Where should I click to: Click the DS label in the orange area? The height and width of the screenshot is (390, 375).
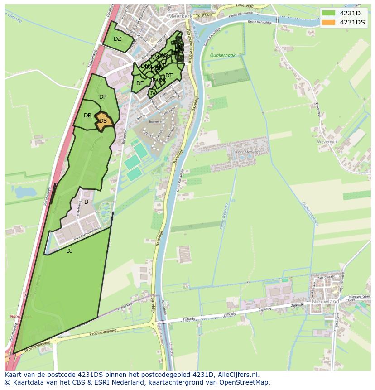click(x=103, y=121)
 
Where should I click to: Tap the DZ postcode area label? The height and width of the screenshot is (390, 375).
click(x=117, y=39)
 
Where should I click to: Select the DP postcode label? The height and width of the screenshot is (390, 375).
click(x=103, y=97)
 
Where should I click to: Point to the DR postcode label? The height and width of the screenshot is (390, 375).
click(x=87, y=116)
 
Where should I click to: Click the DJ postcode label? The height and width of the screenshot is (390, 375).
click(x=69, y=250)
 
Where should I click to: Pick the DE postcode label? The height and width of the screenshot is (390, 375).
click(x=140, y=83)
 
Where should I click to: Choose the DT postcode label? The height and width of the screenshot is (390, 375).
click(x=169, y=76)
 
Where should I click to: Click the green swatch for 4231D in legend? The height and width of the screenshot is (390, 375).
click(x=329, y=13)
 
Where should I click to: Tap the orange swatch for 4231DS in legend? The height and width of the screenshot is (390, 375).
click(x=329, y=22)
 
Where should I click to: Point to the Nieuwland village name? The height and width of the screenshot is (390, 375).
click(x=325, y=301)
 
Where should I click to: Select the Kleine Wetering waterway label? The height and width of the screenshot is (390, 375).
click(x=224, y=216)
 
